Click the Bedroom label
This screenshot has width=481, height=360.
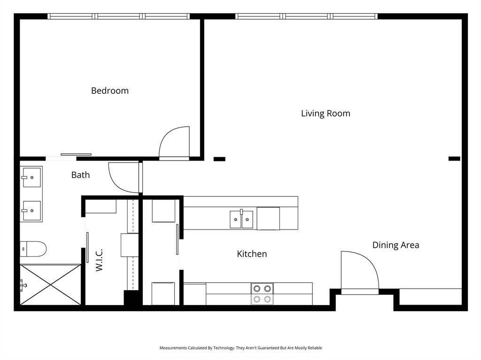pos(109,91)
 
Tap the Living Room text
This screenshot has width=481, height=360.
pos(325,114)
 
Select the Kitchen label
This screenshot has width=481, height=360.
pos(252,254)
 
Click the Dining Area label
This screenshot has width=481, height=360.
pos(396,245)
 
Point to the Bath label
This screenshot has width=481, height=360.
pos(80,175)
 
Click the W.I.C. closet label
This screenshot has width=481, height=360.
pos(99,260)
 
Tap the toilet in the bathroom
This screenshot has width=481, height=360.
pos(34,249)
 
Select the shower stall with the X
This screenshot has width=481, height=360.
pos(51,284)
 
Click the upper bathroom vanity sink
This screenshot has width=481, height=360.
pos(31,177)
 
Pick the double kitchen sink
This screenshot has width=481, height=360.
pos(241,219)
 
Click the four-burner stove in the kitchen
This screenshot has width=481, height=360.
pos(262,294)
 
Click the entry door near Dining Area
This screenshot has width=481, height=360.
pos(359,272)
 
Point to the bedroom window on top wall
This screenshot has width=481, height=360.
pos(119,16)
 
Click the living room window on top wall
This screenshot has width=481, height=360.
pos(307,16)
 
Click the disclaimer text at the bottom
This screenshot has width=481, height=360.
pos(240,348)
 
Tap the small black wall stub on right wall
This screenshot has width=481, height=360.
pos(454,159)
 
